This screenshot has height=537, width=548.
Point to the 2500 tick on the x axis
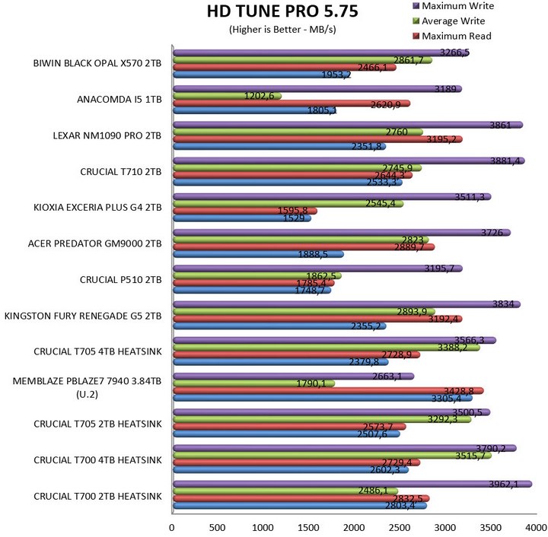(399, 526)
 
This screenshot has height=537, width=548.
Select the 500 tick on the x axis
(217, 526)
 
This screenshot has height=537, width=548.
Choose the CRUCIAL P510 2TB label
(121, 279)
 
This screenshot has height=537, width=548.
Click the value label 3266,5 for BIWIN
(455, 52)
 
